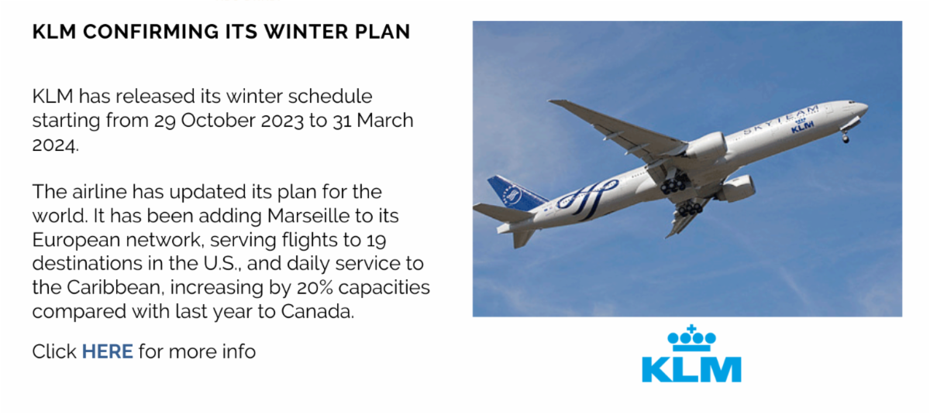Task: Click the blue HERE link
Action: pos(108,351)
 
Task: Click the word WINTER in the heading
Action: pos(305,32)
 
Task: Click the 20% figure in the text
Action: pos(315,287)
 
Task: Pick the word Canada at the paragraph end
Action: pos(318,311)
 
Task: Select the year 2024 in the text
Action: pos(55,145)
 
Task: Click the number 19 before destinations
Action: pos(376,240)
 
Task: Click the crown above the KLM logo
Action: pos(691,338)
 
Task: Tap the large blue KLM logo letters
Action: pos(691,369)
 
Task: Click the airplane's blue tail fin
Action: pos(517,193)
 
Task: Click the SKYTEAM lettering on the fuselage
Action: pos(780,120)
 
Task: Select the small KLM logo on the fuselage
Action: pos(802,126)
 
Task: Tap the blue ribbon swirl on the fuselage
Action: pos(586,197)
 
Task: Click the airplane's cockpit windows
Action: pos(852,102)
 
